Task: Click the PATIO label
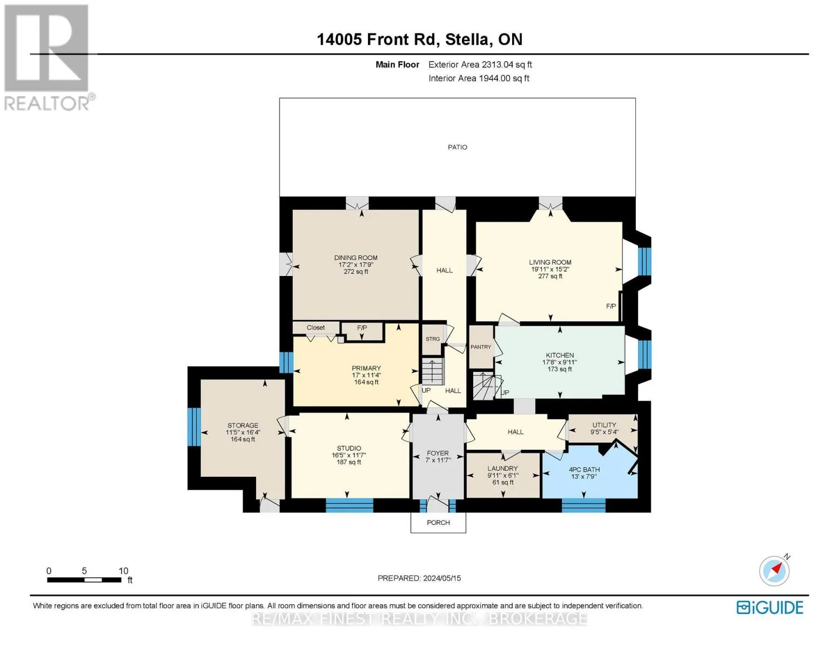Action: (457, 147)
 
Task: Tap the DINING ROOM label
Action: (355, 258)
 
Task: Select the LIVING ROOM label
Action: (550, 262)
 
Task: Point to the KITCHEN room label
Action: (560, 355)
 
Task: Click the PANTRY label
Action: (481, 347)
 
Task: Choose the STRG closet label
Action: (432, 339)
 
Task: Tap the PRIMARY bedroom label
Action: (366, 368)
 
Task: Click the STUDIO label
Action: (348, 448)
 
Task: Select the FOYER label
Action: (438, 453)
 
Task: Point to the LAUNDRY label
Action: (502, 468)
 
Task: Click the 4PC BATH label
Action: (584, 469)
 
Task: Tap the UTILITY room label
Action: (604, 424)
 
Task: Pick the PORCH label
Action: (438, 522)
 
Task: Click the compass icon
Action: (774, 571)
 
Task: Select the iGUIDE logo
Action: (770, 607)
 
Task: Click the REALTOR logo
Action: (48, 58)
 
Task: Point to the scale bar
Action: (84, 579)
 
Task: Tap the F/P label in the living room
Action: (611, 306)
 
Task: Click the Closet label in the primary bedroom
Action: (316, 327)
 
